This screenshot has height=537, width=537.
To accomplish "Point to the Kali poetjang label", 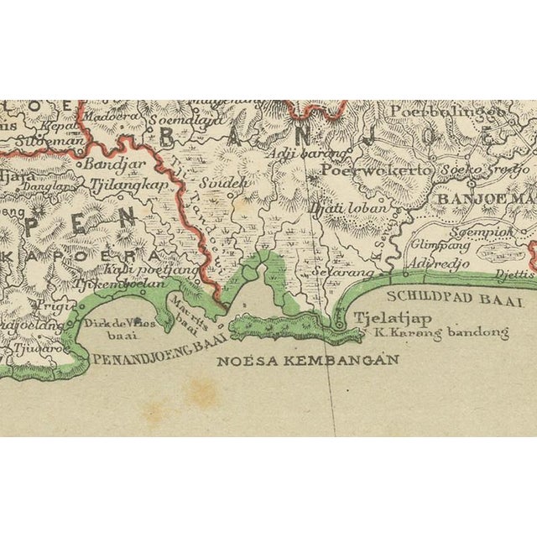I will tap(152, 269).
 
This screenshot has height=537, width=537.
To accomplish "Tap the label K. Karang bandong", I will tap(441, 332).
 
